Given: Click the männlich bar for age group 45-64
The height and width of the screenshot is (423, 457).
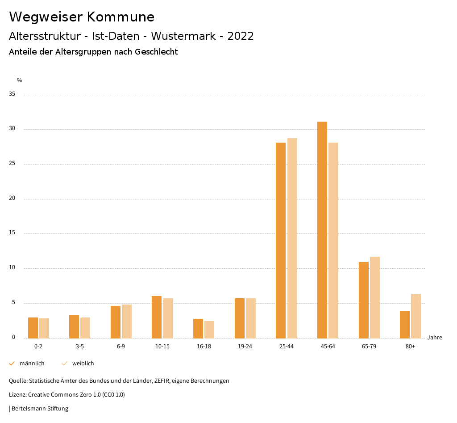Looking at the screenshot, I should coord(322,230).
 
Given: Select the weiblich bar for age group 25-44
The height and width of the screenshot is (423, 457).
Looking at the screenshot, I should coord(292,238).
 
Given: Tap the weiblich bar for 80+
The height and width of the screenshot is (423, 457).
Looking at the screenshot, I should coord(416,316).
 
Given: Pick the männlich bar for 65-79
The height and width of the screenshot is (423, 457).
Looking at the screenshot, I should coord(364,300).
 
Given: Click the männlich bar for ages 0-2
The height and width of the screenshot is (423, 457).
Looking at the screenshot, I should coord(33,328).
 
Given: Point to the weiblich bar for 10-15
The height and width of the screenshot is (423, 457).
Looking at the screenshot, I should coord(168,318).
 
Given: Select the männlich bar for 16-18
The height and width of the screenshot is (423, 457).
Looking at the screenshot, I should coord(198,328).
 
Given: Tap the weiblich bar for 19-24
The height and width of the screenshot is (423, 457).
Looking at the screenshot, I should coord(251,318).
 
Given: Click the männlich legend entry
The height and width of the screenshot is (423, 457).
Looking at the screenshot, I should coord(27,364).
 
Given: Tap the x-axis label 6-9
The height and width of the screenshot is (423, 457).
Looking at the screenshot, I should coord(121,347).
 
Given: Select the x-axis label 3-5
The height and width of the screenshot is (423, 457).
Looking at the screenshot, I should coord(79,347).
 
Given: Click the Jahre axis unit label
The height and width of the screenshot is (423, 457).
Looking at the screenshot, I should coord(435,338).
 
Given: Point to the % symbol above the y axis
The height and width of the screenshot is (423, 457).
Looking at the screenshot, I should coord(20,80).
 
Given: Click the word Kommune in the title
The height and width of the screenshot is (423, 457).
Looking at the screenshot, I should coord(120,17).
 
